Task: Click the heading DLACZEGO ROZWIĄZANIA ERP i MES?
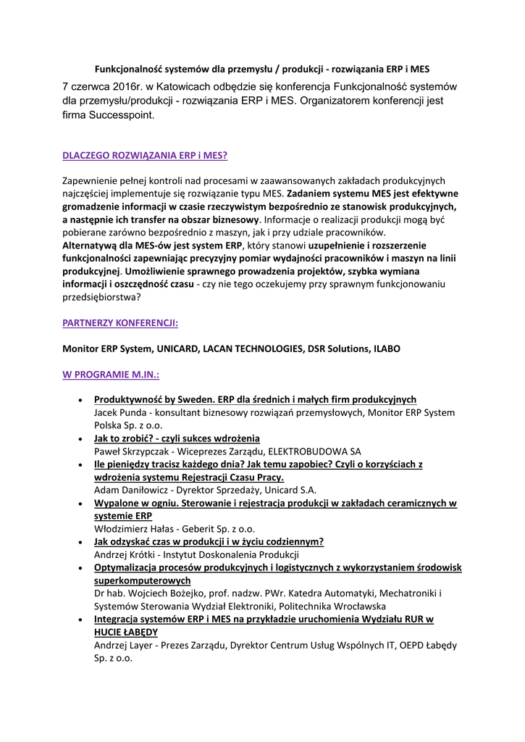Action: pyautogui.click(x=145, y=155)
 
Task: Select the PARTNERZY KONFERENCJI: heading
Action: pyautogui.click(x=120, y=322)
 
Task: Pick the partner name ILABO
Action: pyautogui.click(x=386, y=349)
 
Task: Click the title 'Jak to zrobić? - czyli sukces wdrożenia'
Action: pyautogui.click(x=177, y=438)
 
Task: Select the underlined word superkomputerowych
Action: pyautogui.click(x=143, y=581)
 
